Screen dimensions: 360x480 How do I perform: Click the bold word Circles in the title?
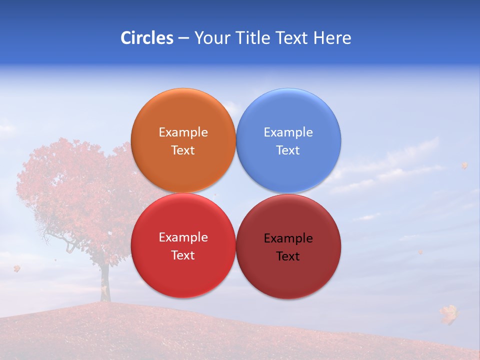146,38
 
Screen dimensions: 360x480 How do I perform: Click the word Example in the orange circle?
183,132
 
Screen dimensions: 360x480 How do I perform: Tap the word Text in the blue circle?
288,150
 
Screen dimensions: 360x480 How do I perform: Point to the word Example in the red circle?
183,237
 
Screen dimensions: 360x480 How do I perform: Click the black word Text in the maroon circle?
288,256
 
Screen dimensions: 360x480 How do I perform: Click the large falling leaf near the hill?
449,314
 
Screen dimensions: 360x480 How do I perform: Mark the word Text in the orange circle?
183,150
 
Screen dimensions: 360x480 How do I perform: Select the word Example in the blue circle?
288,132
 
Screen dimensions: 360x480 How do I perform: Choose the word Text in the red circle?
183,255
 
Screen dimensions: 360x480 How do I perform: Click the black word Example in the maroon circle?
288,238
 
